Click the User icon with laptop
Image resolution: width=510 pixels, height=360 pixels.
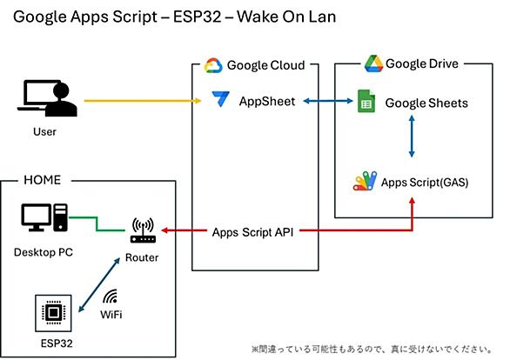coord(47,98)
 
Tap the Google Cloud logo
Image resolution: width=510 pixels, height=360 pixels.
coord(213,65)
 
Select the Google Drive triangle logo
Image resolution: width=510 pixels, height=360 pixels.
coord(373,63)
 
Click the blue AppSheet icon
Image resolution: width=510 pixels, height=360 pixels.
coord(220,99)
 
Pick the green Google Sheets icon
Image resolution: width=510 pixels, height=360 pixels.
coord(366,101)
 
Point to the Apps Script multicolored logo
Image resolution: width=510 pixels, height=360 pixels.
coord(365,181)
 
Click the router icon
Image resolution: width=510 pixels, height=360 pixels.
coord(143,230)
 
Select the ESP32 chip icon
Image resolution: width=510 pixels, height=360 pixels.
coord(53,313)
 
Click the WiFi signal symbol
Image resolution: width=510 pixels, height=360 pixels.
coord(111,296)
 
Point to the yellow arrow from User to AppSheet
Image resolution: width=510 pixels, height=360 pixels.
coord(143,101)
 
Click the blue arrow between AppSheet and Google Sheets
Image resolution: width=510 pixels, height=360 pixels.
coord(328,101)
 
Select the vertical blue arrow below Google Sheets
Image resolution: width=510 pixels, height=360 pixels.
coord(412,137)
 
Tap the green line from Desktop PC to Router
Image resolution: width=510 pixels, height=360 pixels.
coord(97,223)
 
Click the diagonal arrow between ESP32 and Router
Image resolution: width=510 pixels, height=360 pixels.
coord(99,285)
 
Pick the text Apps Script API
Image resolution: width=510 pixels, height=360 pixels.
coord(252,232)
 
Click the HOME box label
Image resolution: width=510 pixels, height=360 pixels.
coord(43,180)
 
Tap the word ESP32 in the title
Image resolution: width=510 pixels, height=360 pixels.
coord(197,17)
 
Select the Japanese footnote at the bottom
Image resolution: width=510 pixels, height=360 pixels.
coord(372,350)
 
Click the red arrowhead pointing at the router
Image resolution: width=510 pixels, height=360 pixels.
coord(164,230)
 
